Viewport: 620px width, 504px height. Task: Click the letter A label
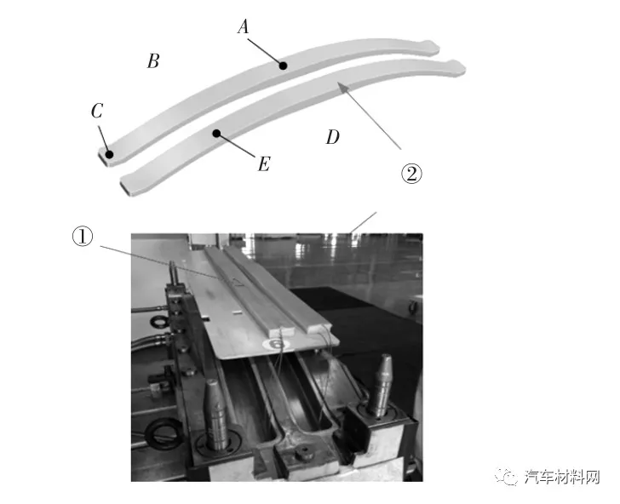coord(244,27)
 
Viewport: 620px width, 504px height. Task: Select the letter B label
coord(153,61)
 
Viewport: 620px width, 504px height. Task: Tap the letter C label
coord(97,111)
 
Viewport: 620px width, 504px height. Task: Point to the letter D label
coord(332,137)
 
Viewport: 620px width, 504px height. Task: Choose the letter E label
coord(264,163)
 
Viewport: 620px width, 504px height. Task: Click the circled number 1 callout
coord(83,237)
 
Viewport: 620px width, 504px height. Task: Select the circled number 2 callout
coord(411,173)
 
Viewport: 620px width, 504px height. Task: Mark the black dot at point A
coord(283,66)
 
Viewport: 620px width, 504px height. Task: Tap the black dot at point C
coord(109,154)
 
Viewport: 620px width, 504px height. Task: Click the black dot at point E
coord(216,134)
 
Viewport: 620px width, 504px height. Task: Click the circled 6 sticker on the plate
coord(277,343)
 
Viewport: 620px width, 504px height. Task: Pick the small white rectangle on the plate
coord(237,312)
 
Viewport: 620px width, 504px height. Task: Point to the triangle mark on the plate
coord(237,282)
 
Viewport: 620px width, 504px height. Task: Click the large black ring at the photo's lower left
coord(161,433)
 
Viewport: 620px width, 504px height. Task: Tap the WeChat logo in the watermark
coord(508,476)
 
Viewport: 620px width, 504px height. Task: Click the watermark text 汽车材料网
coord(562,477)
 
